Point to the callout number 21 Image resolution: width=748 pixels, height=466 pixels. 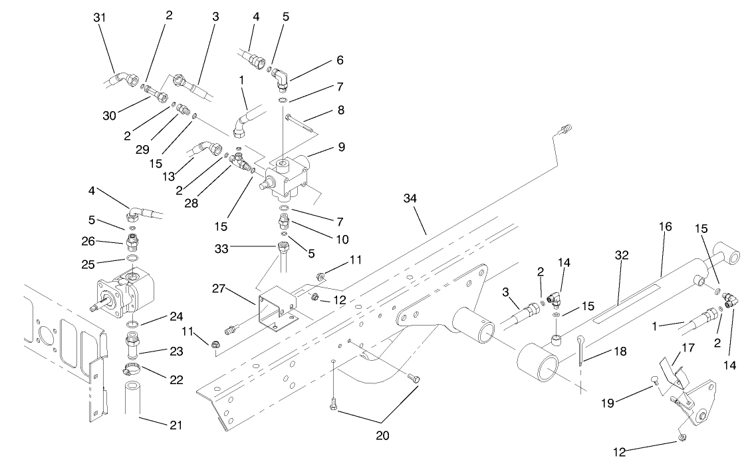tap(178, 425)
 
